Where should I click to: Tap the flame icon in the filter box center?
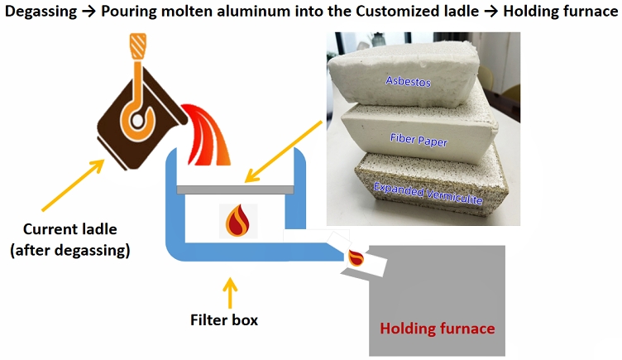pyautogui.click(x=239, y=222)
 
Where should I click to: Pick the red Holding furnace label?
pyautogui.click(x=437, y=329)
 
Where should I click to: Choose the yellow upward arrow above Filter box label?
pyautogui.click(x=231, y=291)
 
